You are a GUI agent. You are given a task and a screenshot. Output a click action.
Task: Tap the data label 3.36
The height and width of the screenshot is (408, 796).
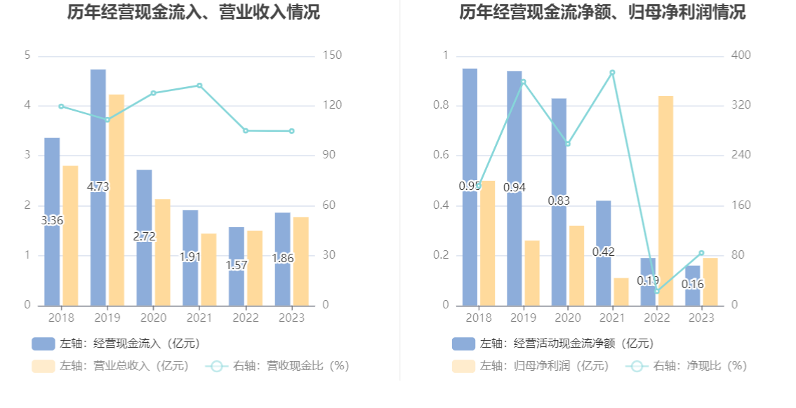52,220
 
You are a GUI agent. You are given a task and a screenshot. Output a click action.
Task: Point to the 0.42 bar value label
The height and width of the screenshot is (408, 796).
604,252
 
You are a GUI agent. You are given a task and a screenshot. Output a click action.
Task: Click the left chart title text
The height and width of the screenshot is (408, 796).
194,13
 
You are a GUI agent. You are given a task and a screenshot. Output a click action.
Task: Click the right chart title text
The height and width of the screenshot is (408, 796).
602,13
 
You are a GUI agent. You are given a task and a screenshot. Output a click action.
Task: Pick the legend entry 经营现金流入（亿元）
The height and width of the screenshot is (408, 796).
115,344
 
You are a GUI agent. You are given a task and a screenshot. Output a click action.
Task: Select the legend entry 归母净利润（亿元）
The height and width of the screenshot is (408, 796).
531,366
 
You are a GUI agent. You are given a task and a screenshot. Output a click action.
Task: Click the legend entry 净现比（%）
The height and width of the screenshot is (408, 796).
689,366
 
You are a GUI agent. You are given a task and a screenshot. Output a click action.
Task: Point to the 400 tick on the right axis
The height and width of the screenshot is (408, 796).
741,55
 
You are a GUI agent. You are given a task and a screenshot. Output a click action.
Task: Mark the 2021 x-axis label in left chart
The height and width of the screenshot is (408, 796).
199,318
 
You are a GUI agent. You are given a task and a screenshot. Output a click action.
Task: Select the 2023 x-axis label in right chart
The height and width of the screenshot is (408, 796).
701,318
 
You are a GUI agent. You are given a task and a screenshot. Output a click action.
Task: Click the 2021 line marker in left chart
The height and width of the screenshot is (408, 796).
199,86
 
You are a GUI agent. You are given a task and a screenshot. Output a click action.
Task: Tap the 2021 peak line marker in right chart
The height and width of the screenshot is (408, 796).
612,72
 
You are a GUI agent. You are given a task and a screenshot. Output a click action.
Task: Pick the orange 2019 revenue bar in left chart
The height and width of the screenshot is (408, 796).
116,200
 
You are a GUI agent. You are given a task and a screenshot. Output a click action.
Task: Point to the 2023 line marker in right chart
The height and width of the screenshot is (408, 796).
701,253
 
